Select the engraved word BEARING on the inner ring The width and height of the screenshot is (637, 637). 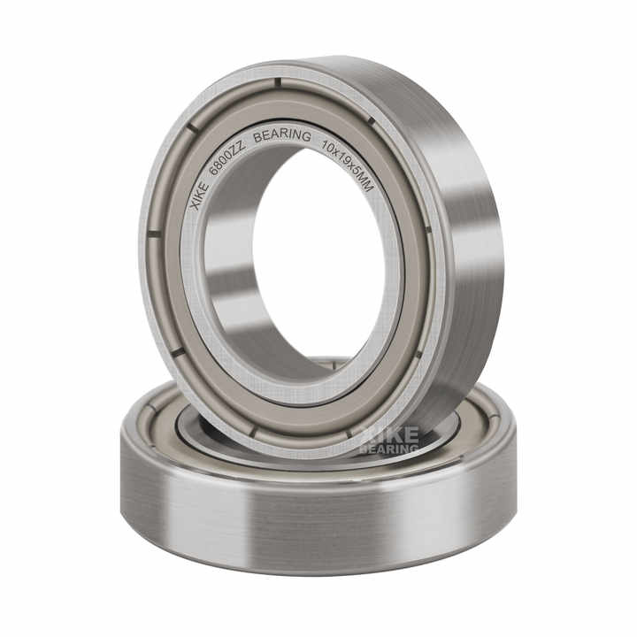pyautogui.click(x=282, y=136)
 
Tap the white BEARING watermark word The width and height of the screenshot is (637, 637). pyautogui.click(x=389, y=449)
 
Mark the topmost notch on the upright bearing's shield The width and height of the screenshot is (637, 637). pyautogui.click(x=277, y=84)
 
